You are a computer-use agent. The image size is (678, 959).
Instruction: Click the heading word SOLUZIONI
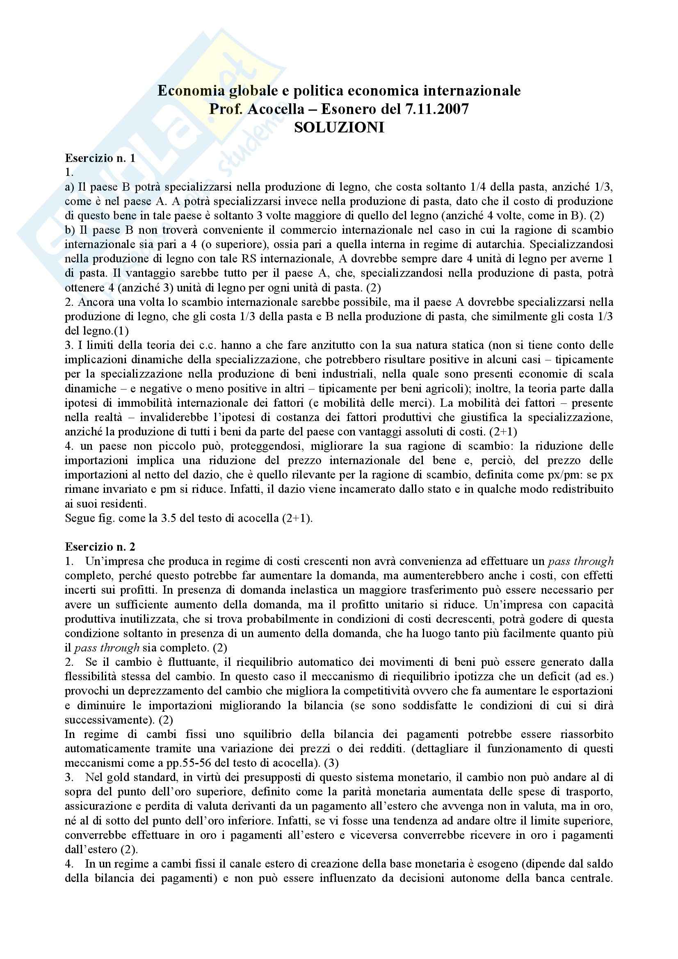coord(339,128)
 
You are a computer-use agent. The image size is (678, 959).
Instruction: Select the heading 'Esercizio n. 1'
coord(100,158)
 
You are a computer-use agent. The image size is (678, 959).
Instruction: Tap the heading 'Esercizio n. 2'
coord(100,547)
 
